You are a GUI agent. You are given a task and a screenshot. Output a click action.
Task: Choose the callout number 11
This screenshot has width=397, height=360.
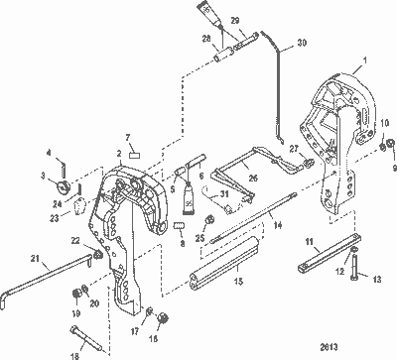point(309,242)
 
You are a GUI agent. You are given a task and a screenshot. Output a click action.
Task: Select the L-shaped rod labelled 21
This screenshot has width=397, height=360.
point(45,282)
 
